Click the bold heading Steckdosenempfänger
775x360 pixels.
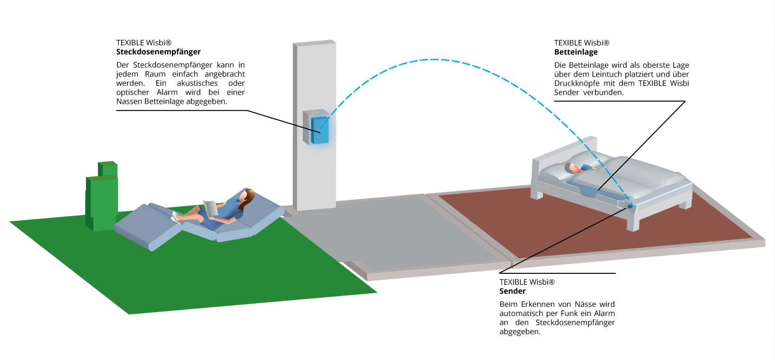tap(158, 52)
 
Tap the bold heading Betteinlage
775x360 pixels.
tap(576, 52)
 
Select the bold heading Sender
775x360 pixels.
tap(512, 291)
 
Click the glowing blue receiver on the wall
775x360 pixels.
tap(320, 130)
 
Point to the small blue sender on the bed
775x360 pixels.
tap(630, 206)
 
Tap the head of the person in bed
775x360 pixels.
tap(569, 168)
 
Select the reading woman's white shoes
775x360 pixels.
tap(175, 217)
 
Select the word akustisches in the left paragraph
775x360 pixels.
tap(197, 83)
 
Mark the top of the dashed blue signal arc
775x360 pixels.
tap(434, 60)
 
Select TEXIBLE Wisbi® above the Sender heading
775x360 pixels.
tap(527, 282)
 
